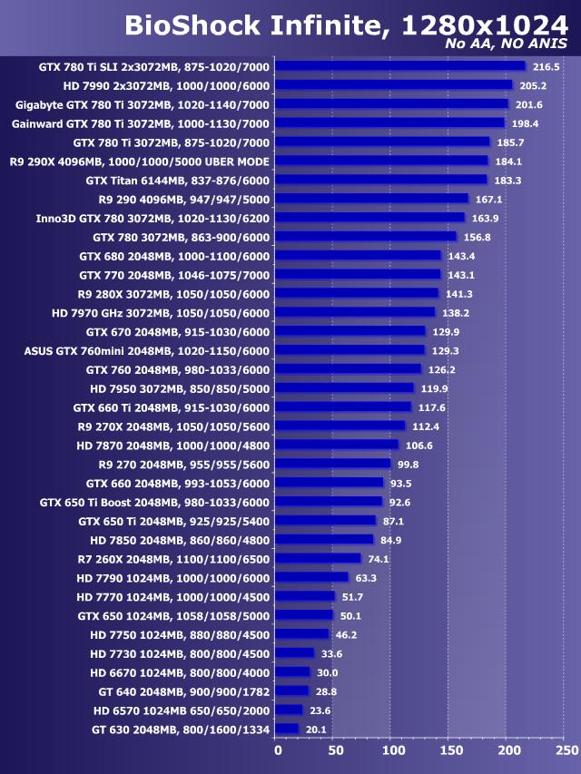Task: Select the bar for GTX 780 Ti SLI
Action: pyautogui.click(x=399, y=66)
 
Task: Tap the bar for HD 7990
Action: pyautogui.click(x=393, y=85)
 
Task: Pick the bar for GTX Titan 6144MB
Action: pyautogui.click(x=380, y=181)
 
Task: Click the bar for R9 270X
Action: pyautogui.click(x=340, y=426)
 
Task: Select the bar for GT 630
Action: pyautogui.click(x=286, y=729)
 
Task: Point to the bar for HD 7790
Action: pyautogui.click(x=310, y=577)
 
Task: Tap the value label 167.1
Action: pyautogui.click(x=488, y=200)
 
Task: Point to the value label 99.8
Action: pyautogui.click(x=409, y=464)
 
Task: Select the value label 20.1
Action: pyautogui.click(x=315, y=729)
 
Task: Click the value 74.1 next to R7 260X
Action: pyautogui.click(x=379, y=558)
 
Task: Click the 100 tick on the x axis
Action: pyautogui.click(x=393, y=750)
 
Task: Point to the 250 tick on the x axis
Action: pyautogui.click(x=566, y=750)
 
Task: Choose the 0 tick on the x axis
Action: pyautogui.click(x=278, y=750)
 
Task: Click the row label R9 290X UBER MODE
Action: pyautogui.click(x=139, y=162)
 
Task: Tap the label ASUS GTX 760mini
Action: pyautogui.click(x=147, y=350)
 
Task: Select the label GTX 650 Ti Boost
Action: pyautogui.click(x=154, y=502)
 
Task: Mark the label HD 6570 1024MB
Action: pyautogui.click(x=181, y=710)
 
